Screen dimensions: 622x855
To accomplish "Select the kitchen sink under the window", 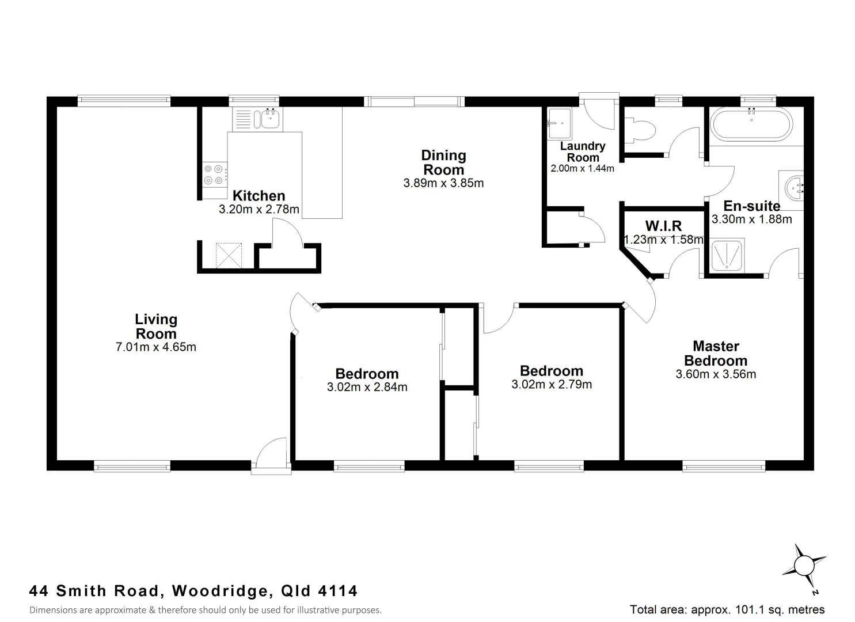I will click(x=269, y=119).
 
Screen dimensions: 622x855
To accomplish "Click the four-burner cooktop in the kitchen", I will click(x=214, y=175).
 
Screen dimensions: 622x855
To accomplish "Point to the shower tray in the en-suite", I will click(x=728, y=255).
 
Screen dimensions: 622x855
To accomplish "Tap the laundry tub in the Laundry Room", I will click(x=558, y=123).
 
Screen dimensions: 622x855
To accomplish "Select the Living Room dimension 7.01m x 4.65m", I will click(x=156, y=347).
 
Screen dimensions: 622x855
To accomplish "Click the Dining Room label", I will click(x=443, y=162).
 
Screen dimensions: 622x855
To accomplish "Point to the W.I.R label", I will click(x=663, y=226).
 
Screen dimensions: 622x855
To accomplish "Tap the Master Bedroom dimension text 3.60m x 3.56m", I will click(x=716, y=374).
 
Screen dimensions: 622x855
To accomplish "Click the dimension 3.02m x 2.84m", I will click(x=367, y=388).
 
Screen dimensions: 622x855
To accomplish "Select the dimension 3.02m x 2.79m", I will click(x=551, y=385).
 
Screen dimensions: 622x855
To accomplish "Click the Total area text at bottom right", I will click(x=727, y=609).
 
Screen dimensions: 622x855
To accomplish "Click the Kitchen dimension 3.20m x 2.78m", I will click(x=259, y=210).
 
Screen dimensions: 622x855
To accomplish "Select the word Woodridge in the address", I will click(x=221, y=591).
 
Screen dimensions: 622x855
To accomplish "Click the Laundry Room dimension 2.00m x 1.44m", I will click(x=582, y=169).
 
